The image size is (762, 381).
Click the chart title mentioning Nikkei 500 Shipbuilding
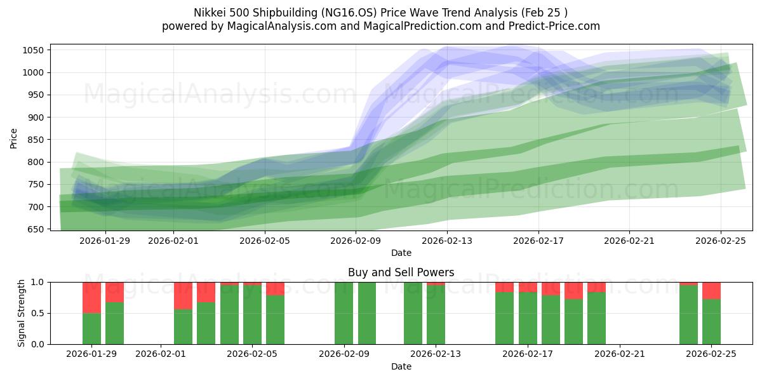point(381,13)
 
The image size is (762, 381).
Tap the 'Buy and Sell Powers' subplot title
point(401,272)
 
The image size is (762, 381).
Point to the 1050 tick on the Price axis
point(34,51)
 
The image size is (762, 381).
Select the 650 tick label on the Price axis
point(36,229)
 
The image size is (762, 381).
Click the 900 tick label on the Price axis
point(36,117)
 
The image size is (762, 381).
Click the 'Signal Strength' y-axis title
point(22,313)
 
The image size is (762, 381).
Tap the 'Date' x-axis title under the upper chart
point(401,253)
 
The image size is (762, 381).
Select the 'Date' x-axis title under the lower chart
point(401,366)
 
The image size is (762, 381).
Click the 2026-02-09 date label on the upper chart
point(356,241)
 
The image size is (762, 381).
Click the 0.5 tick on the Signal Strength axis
point(37,313)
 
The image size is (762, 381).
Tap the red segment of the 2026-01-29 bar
point(91,297)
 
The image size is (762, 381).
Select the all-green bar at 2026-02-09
point(344,313)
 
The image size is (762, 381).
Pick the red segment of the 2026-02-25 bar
point(711,290)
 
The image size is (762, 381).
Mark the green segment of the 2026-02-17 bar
point(528,318)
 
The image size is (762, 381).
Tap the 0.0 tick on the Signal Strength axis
point(37,344)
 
